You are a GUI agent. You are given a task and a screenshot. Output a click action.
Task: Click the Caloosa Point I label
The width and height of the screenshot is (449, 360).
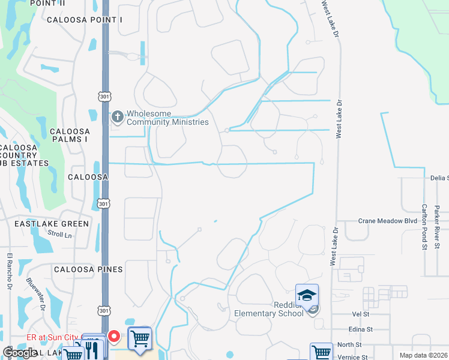click(85, 20)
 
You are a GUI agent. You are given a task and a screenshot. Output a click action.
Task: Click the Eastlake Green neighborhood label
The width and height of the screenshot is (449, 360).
click(52, 224)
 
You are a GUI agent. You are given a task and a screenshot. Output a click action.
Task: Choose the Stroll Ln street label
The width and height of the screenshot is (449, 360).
click(59, 235)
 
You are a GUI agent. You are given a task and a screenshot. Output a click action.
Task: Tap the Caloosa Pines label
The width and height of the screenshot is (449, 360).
click(88, 269)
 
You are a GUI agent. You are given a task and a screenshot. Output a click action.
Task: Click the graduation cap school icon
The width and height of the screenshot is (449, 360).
click(307, 295)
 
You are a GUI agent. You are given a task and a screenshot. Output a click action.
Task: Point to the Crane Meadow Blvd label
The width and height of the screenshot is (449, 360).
click(387, 221)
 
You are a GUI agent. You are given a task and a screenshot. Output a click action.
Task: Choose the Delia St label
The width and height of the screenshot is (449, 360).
click(439, 178)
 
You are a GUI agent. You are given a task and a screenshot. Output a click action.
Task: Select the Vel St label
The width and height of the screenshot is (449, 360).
click(360, 314)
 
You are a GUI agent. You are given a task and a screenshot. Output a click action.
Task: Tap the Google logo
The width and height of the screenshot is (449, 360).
click(20, 353)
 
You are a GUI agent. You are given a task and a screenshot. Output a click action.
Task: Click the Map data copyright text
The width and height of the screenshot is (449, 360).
click(423, 355)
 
